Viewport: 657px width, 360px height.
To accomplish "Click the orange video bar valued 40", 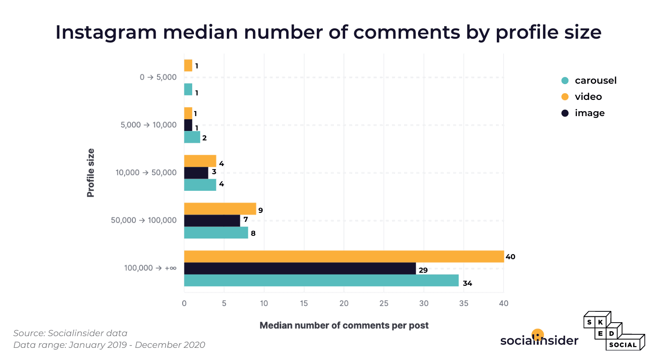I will (344, 256).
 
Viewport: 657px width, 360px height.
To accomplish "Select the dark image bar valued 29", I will (300, 269).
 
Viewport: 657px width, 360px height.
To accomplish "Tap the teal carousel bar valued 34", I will (321, 280).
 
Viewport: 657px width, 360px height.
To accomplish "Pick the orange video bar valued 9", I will (220, 209).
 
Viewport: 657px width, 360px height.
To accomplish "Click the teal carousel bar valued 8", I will (216, 233).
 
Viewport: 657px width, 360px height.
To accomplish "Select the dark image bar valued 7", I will (212, 220).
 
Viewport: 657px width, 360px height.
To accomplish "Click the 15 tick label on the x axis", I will (304, 304).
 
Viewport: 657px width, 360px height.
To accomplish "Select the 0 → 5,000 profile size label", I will (158, 77).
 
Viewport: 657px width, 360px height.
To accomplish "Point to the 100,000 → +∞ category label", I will (150, 268).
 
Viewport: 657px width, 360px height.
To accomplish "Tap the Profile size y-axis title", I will (91, 173).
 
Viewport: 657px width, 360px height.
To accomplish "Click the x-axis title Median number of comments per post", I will (344, 325).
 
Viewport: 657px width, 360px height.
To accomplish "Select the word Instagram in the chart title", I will (106, 33).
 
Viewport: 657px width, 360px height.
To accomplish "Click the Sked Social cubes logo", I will (614, 331).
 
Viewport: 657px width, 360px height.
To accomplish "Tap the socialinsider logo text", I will (539, 340).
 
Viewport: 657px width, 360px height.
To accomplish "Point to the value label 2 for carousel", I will (204, 138).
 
